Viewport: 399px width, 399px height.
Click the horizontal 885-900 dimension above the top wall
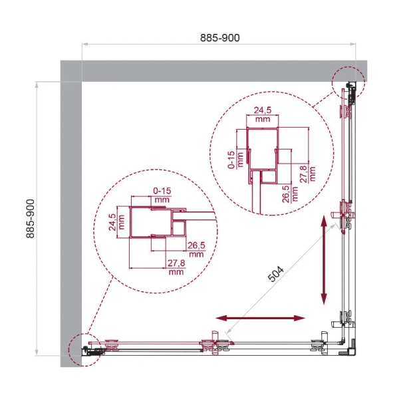click(220, 38)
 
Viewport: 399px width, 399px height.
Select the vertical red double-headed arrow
click(324, 260)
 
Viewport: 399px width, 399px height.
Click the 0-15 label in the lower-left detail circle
click(161, 192)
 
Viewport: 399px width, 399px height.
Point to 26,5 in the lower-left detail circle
click(196, 245)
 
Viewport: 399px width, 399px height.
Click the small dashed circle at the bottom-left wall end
click(84, 348)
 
